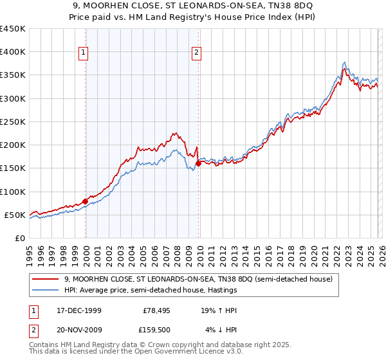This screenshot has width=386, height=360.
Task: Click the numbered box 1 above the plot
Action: (x=85, y=53)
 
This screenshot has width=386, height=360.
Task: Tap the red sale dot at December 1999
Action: (x=86, y=201)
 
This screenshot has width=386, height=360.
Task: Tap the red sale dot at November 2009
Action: (x=198, y=163)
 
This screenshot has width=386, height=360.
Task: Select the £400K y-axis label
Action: (x=12, y=52)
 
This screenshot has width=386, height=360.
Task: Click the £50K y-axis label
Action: (x=15, y=215)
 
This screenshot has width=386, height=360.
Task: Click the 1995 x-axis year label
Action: (x=30, y=250)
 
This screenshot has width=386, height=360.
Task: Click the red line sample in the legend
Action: (x=46, y=279)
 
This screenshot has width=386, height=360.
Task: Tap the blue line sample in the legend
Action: (x=46, y=291)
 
